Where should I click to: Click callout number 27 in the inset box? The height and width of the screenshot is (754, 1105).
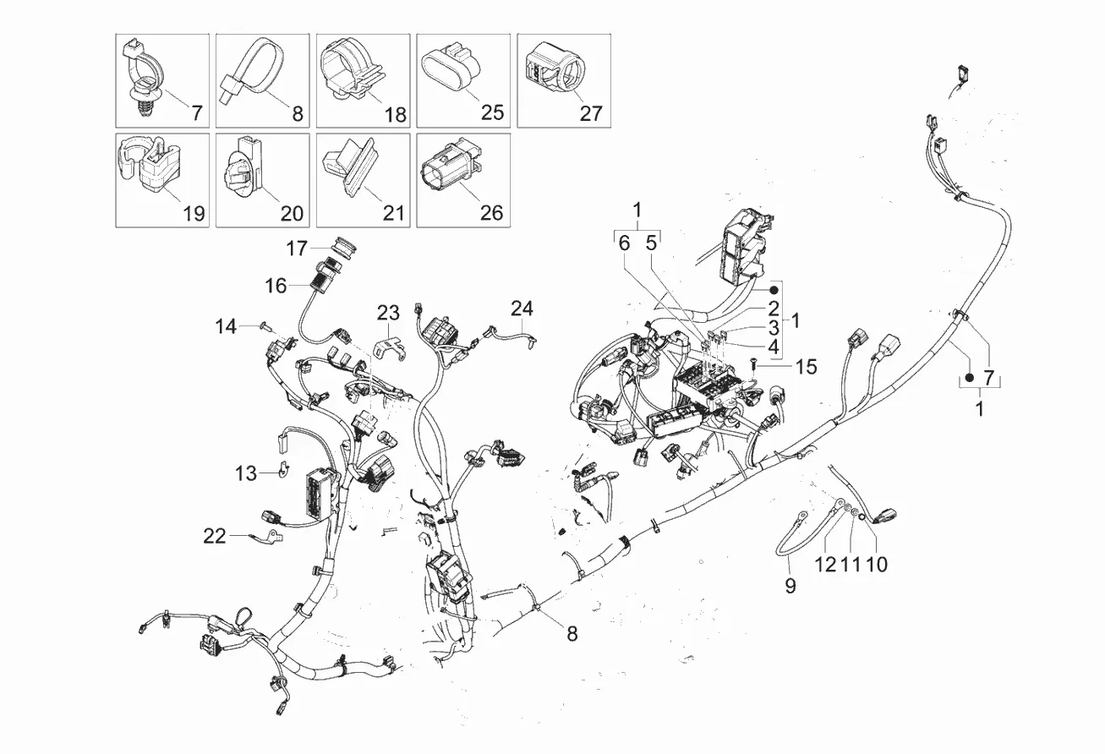[x=592, y=112]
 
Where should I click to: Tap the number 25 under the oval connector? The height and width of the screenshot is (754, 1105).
[x=492, y=112]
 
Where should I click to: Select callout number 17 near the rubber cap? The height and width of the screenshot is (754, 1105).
[x=297, y=249]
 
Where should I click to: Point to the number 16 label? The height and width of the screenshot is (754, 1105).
[x=276, y=286]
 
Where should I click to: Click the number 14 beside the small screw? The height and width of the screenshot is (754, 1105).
[x=226, y=325]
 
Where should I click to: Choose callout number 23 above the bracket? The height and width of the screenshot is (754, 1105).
[x=388, y=313]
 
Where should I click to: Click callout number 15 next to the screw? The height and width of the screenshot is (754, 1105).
[x=807, y=367]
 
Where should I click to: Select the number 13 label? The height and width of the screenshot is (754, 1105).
[x=245, y=474]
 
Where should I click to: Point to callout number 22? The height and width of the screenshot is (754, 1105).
[x=215, y=536]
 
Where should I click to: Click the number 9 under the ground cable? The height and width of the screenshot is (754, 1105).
[x=790, y=585]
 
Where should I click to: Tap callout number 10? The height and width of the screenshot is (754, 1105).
[x=877, y=564]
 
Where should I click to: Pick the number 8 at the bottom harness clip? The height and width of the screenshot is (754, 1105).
[x=572, y=632]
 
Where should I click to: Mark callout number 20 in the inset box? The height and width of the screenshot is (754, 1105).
[x=292, y=213]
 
